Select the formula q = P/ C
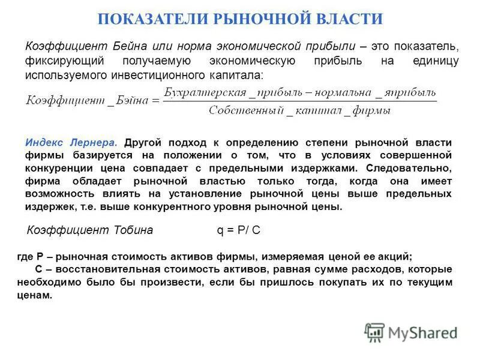tap(238, 230)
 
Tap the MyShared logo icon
tap(374, 332)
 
